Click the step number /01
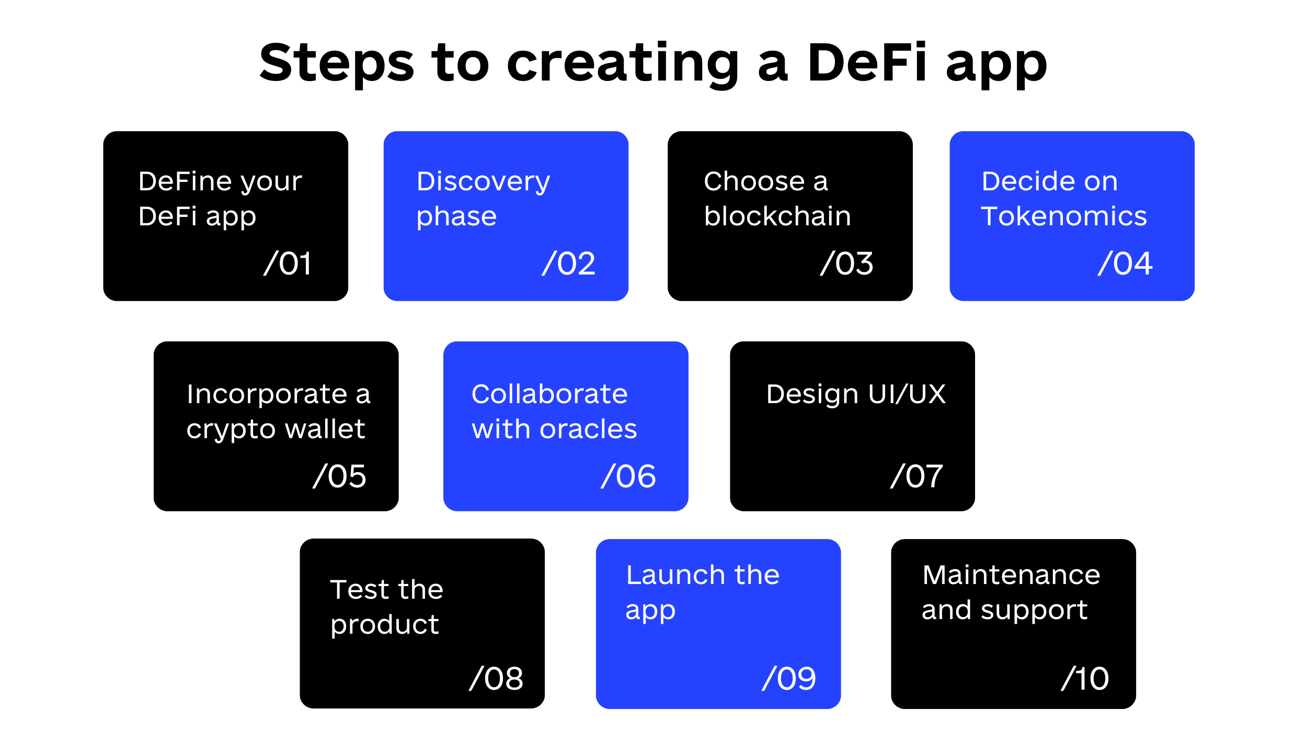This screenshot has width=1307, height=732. (288, 263)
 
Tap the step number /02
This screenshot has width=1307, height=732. (569, 263)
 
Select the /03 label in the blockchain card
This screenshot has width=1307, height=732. (847, 263)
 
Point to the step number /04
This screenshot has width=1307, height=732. (1125, 263)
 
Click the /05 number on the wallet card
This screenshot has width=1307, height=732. (339, 476)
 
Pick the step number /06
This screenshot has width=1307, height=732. (628, 476)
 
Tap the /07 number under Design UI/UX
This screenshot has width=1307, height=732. (917, 476)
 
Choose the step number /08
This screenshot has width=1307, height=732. (496, 678)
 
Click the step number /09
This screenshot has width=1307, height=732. (789, 678)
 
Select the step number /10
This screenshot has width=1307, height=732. (1085, 678)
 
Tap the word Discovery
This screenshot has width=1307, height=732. (483, 182)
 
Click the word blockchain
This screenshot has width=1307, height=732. (777, 215)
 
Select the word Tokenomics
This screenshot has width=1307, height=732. (1064, 216)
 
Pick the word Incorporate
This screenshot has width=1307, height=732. (267, 395)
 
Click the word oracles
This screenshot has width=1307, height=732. (588, 429)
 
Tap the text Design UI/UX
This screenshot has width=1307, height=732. (856, 394)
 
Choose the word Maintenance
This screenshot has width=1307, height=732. (1012, 575)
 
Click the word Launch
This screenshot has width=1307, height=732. (676, 575)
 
